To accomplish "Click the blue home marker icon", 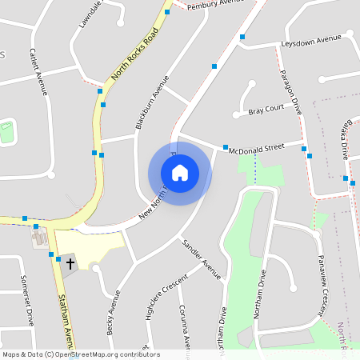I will tap(180, 173).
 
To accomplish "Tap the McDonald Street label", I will tap(256, 149).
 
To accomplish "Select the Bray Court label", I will tap(266, 108).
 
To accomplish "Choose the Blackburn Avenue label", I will tap(152, 102).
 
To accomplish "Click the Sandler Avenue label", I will tap(201, 258).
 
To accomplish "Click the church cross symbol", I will tap(70, 262).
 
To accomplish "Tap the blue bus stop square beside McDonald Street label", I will tap(226, 146).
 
